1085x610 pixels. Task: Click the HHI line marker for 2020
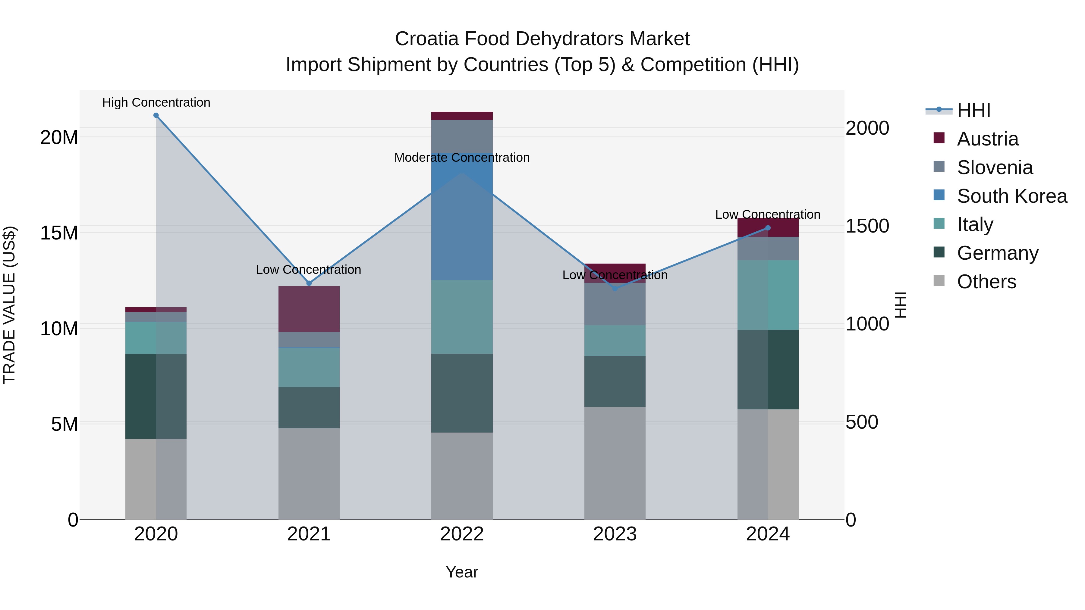[156, 115]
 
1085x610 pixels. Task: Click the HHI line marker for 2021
[309, 283]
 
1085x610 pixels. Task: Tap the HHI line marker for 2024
[767, 228]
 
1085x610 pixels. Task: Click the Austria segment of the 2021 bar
[309, 309]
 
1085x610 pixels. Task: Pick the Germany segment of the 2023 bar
[615, 381]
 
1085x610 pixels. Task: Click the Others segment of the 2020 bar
[156, 479]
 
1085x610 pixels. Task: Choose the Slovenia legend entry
[995, 167]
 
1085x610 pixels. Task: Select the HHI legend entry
[973, 110]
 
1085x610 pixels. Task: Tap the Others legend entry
[986, 282]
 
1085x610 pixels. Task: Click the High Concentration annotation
[156, 103]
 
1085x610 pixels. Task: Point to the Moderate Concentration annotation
[462, 158]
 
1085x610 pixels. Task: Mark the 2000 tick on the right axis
[867, 128]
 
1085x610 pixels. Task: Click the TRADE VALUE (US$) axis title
[9, 305]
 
